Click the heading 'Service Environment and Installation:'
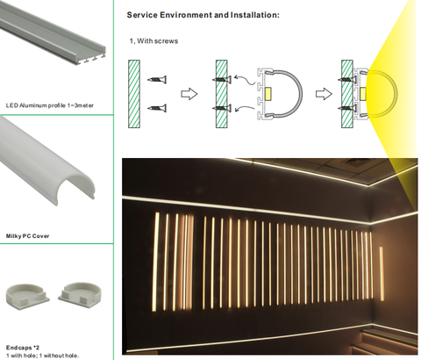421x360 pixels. coord(203,15)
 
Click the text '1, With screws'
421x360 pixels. coord(153,41)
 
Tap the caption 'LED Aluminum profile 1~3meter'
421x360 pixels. coord(50,105)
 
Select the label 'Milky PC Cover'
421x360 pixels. coord(27,236)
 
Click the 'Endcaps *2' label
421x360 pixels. coord(23,348)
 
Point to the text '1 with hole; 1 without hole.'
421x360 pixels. coord(42,356)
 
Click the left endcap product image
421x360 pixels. coord(28,296)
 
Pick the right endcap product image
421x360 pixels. coord(80,294)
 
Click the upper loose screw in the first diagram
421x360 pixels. coord(157,79)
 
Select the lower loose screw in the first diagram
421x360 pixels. coord(157,108)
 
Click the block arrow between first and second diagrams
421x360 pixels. coord(189,94)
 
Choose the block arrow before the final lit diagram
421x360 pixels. coord(324,94)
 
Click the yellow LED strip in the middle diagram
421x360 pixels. coord(268,94)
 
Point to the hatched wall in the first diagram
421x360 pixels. coord(134,94)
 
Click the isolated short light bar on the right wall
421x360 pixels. coord(382,274)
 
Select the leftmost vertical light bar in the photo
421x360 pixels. coord(156,262)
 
